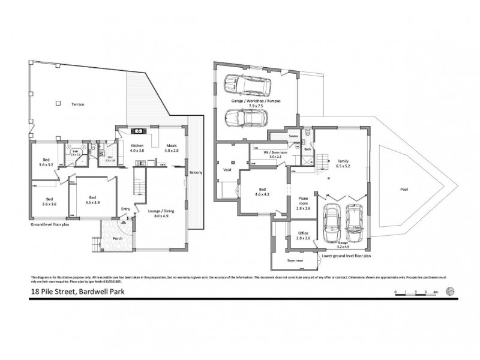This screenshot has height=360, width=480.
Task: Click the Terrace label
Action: pos(76,104)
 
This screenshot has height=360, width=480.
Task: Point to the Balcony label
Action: pos(196,173)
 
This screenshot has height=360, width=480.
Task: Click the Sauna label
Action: pos(294,136)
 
